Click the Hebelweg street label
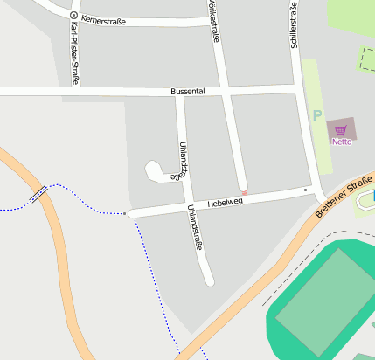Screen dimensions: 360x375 [225, 203]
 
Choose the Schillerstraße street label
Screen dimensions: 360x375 [295, 30]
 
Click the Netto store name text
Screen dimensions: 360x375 [341, 142]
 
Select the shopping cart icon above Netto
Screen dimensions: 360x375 [341, 129]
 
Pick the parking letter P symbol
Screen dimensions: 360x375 [317, 114]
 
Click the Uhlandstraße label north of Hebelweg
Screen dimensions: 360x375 [184, 158]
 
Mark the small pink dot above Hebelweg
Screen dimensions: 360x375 [244, 192]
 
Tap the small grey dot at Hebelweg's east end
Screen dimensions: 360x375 [305, 189]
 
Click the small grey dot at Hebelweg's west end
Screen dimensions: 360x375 [129, 213]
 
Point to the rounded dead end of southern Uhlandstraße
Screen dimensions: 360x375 [209, 281]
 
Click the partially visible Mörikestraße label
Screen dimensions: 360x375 [212, 21]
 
